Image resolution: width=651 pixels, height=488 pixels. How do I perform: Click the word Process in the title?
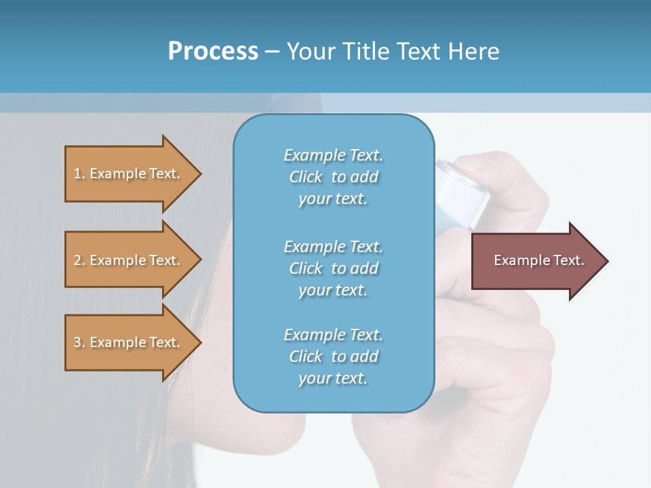(213, 52)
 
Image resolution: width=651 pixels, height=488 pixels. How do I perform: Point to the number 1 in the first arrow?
(77, 174)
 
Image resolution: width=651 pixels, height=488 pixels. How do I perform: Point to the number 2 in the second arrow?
(77, 260)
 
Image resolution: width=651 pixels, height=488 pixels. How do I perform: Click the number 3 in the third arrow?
(77, 342)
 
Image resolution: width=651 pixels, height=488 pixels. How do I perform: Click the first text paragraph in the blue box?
(333, 177)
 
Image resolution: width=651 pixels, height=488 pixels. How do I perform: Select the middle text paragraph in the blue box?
(333, 268)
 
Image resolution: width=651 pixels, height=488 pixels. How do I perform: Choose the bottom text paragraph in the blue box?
(333, 357)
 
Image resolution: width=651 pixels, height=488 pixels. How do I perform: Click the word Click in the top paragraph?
(306, 177)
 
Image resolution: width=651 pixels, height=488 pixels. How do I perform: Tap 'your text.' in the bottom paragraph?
(333, 378)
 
